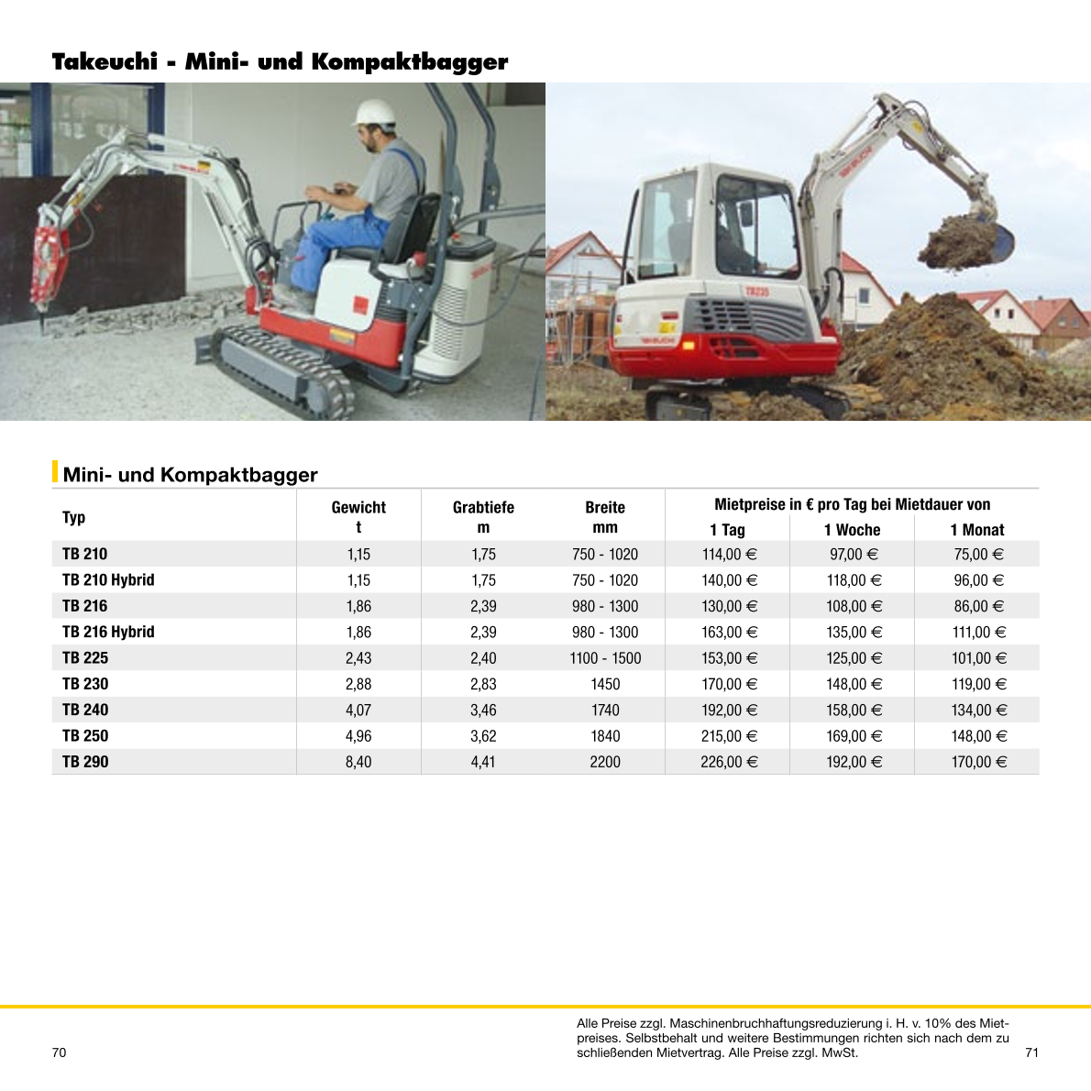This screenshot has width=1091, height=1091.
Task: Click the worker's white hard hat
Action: (375, 112)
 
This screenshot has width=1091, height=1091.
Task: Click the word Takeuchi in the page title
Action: (105, 62)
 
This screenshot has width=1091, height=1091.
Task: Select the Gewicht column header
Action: (358, 507)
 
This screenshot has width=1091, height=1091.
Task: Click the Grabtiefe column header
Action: (483, 507)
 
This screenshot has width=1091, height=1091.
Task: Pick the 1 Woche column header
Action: (852, 530)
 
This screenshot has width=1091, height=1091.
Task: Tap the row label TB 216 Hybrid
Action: (108, 632)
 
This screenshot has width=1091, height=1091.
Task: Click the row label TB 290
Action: (85, 762)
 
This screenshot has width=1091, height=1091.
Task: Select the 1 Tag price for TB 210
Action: (729, 555)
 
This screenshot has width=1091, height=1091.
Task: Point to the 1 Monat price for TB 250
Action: (978, 736)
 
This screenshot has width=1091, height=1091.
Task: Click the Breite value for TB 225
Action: (605, 658)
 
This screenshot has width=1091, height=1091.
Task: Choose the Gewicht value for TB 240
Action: (358, 711)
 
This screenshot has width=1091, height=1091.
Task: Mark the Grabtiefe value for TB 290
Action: (483, 762)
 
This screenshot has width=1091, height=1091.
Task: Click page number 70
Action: (60, 1052)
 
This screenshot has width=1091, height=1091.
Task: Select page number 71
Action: (1031, 1052)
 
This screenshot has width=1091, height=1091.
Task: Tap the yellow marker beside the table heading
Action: (55, 471)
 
